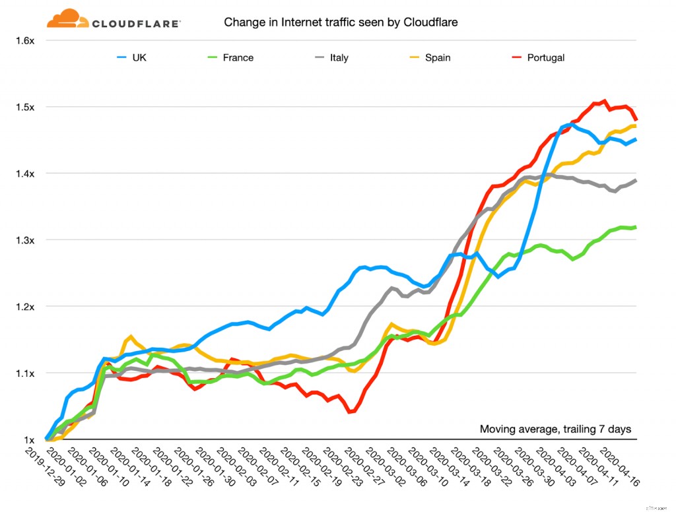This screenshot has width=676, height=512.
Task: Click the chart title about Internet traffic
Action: pyautogui.click(x=341, y=22)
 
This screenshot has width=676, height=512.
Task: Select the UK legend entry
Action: pyautogui.click(x=139, y=57)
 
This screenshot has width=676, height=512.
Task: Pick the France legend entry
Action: pyautogui.click(x=238, y=57)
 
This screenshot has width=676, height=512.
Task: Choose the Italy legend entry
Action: pyautogui.click(x=339, y=57)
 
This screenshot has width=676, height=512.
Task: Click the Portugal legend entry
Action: pyautogui.click(x=545, y=57)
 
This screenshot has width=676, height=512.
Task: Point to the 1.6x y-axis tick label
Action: pyautogui.click(x=24, y=40)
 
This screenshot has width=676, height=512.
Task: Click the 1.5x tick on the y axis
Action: pyautogui.click(x=24, y=107)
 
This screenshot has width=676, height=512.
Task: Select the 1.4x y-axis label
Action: pyautogui.click(x=24, y=174)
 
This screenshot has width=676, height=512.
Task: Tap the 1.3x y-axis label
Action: pyautogui.click(x=24, y=240)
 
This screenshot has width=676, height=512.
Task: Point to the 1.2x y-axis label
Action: pyautogui.click(x=24, y=307)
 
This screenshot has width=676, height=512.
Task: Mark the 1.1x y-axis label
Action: pyautogui.click(x=24, y=373)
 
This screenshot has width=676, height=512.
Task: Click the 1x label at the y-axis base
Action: pyautogui.click(x=29, y=440)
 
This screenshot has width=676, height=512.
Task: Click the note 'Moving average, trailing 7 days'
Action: pyautogui.click(x=555, y=430)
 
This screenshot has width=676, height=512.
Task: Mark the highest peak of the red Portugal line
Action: pyautogui.click(x=603, y=101)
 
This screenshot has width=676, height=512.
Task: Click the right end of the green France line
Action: pyautogui.click(x=635, y=227)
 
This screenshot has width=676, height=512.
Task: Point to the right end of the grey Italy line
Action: pyautogui.click(x=635, y=180)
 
